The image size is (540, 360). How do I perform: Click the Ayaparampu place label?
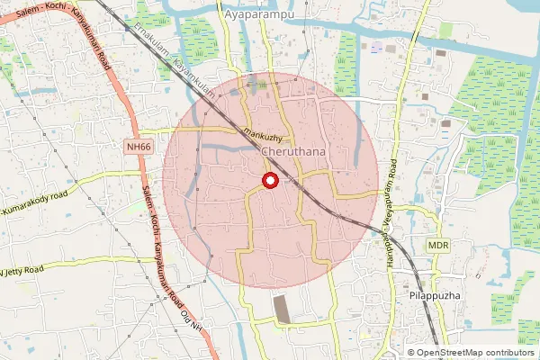pos(262,17)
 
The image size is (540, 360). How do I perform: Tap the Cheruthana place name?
pos(293,153)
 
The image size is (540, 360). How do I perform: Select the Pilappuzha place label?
pos(415,294)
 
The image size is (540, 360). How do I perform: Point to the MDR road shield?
pos(438,245)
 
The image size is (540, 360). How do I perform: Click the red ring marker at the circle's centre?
pos(269,182)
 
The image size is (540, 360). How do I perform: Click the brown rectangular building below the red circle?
pos(282,308)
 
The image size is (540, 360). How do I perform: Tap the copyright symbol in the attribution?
pos(412,353)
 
